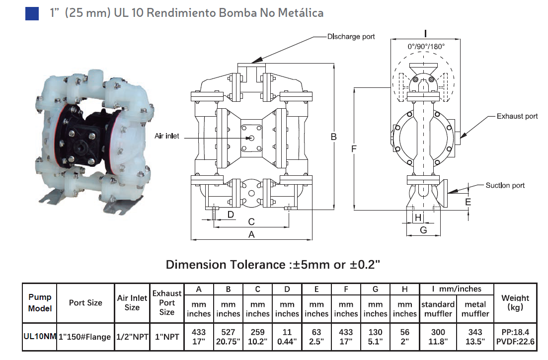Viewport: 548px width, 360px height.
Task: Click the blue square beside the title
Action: pyautogui.click(x=32, y=13)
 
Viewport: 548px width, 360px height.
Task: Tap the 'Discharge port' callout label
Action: pyautogui.click(x=351, y=37)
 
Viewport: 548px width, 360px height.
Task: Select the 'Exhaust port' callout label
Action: pyautogui.click(x=517, y=116)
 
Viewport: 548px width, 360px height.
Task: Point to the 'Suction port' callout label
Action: pyautogui.click(x=505, y=185)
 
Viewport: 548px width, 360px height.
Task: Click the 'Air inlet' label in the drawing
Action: pyautogui.click(x=167, y=136)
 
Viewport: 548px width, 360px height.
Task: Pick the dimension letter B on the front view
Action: pyautogui.click(x=334, y=137)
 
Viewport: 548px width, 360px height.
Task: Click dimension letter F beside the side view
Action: pyautogui.click(x=353, y=148)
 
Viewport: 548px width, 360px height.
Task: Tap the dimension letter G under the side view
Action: pyautogui.click(x=423, y=230)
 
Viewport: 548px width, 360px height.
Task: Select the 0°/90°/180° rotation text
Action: pyautogui.click(x=426, y=46)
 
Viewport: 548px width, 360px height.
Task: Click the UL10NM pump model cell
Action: pyautogui.click(x=40, y=336)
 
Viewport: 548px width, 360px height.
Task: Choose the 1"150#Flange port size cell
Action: pyautogui.click(x=85, y=337)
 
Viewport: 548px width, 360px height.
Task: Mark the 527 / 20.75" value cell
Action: pyautogui.click(x=228, y=336)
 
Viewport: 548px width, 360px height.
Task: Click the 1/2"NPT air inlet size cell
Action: pyautogui.click(x=132, y=336)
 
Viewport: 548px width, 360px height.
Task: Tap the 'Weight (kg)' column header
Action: pyautogui.click(x=515, y=302)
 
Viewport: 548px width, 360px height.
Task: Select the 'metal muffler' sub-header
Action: pyautogui.click(x=475, y=309)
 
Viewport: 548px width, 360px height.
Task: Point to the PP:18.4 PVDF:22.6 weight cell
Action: pyautogui.click(x=515, y=336)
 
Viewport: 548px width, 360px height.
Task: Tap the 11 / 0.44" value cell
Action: pyautogui.click(x=287, y=336)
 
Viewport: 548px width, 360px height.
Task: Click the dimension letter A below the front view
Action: pyautogui.click(x=251, y=234)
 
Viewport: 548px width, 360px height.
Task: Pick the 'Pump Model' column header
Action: pyautogui.click(x=40, y=302)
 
